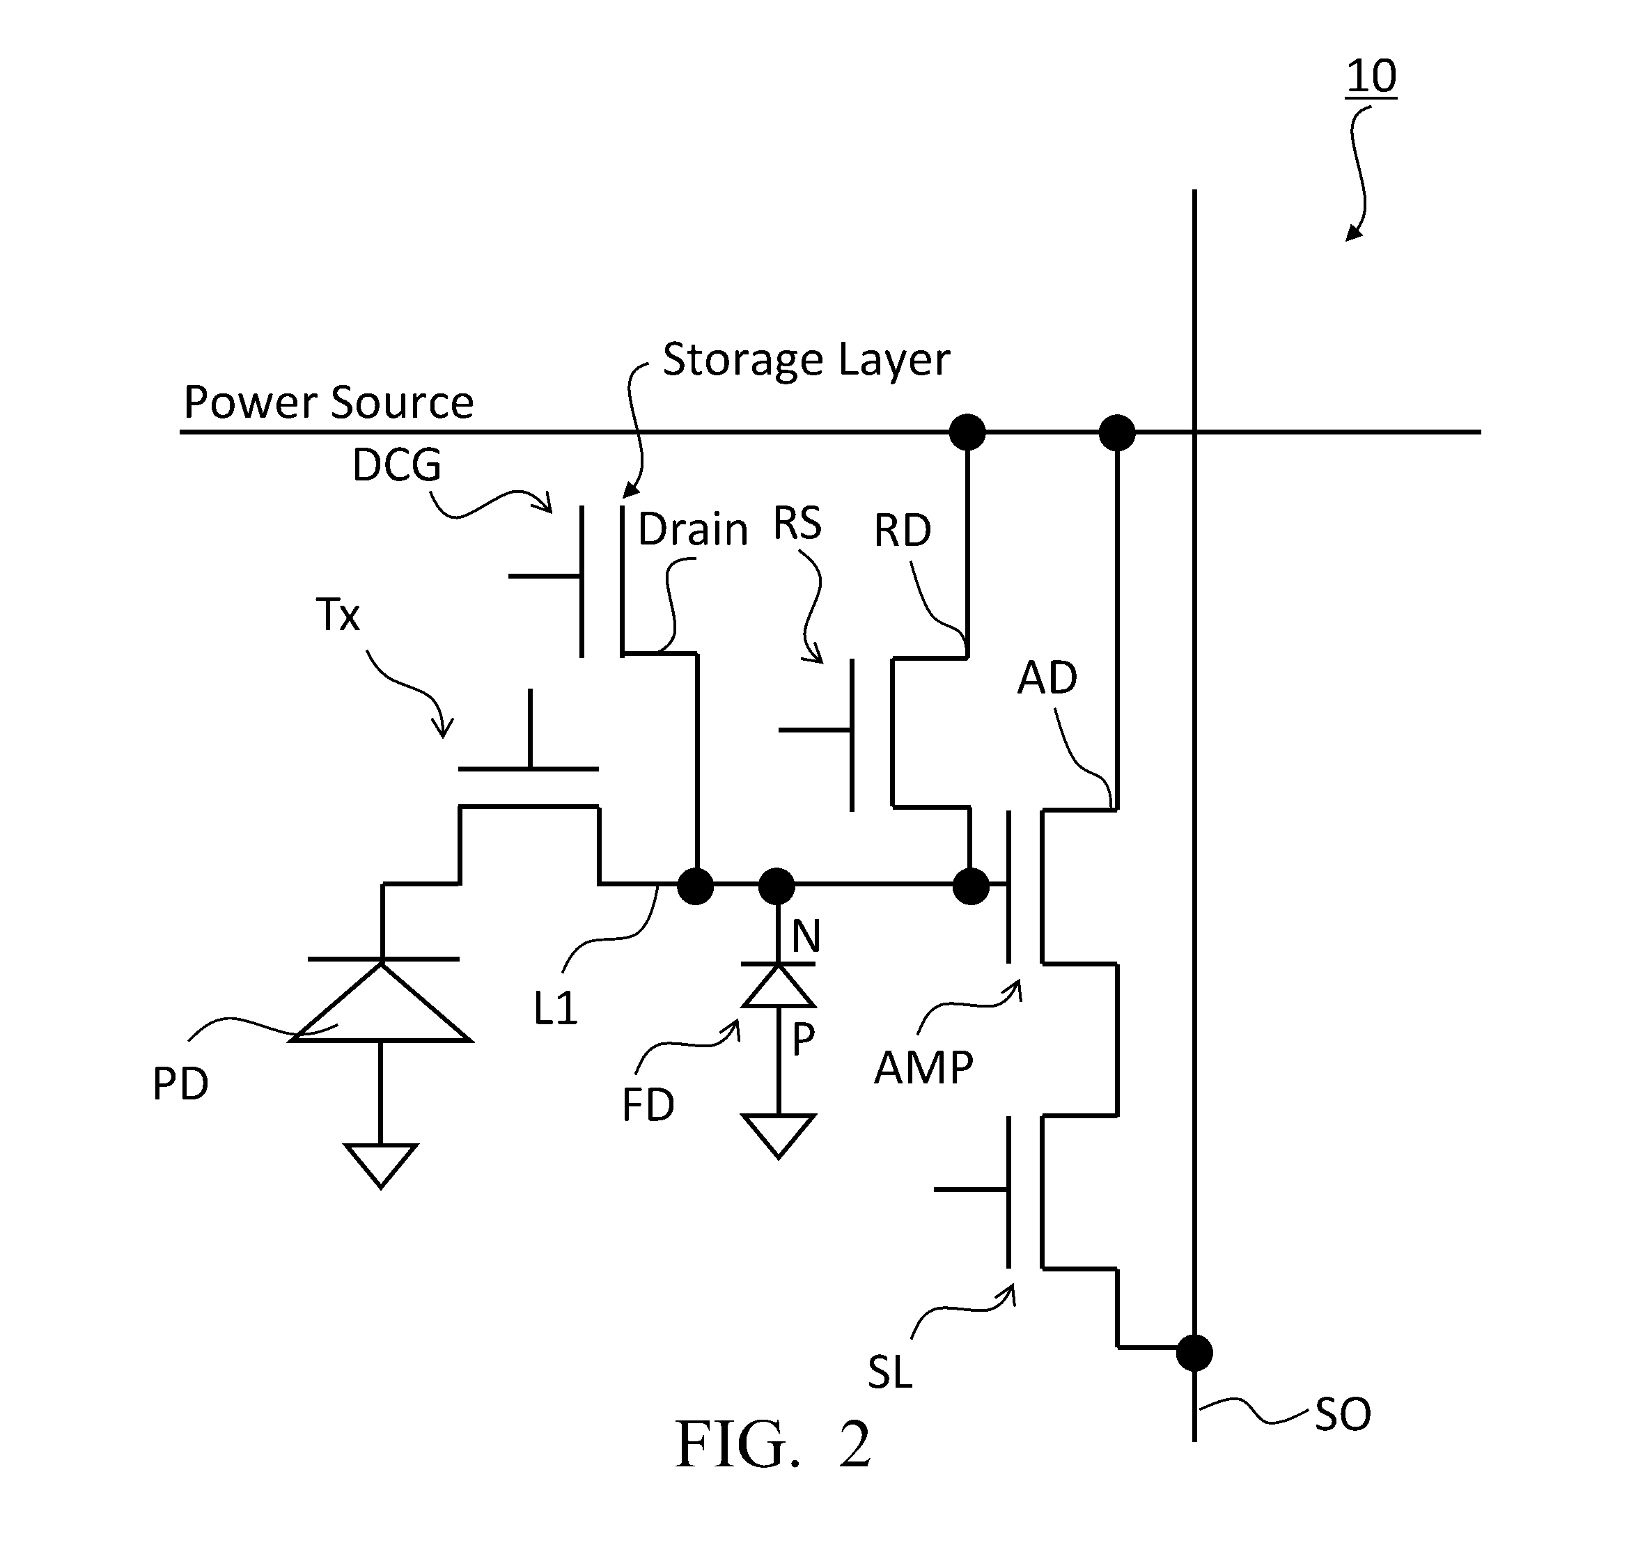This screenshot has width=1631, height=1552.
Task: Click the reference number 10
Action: [1371, 76]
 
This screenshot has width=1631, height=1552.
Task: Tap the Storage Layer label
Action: [806, 360]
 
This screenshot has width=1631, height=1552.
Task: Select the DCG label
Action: [397, 464]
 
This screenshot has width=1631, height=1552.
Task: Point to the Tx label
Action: [338, 615]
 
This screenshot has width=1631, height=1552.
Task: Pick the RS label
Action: [797, 523]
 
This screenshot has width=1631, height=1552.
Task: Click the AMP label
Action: [923, 1067]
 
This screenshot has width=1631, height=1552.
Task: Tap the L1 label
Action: [555, 1008]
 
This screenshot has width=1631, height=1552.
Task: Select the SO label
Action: [1343, 1415]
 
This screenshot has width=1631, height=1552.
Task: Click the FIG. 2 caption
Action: [773, 1445]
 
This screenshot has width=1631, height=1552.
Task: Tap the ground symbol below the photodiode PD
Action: [381, 1166]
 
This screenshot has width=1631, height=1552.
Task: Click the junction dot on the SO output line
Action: [1194, 1354]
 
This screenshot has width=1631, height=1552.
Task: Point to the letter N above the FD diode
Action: [806, 936]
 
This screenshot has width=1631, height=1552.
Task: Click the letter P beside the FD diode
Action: [803, 1039]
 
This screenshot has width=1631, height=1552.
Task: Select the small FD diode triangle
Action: [779, 985]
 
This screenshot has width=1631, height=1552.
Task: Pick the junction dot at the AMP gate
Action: [971, 886]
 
